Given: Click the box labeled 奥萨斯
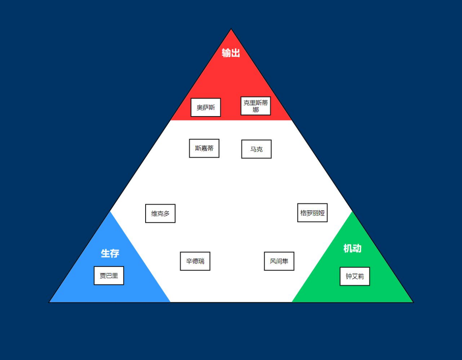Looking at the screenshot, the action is (205, 107).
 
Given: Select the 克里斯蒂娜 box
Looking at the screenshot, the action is (255, 106).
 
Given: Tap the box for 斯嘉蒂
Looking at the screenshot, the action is (204, 148).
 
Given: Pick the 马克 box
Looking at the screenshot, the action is (257, 149).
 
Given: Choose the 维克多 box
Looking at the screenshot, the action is (160, 214).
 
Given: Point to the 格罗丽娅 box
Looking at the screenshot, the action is (312, 212).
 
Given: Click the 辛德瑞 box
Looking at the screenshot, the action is (195, 261).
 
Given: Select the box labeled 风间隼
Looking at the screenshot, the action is (279, 261).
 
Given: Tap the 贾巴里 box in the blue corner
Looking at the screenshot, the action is (109, 276).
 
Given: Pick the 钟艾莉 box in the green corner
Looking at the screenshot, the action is (355, 276).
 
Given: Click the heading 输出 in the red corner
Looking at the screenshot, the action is (231, 53).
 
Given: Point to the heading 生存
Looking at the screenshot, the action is (110, 253).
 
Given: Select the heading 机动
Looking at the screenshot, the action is (353, 248).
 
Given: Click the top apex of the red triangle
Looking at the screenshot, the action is (231, 29).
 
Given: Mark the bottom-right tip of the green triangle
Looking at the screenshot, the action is (413, 302).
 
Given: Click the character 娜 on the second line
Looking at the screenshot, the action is (256, 110).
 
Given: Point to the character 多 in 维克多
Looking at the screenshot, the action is (166, 214).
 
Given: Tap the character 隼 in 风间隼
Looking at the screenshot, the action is (285, 261).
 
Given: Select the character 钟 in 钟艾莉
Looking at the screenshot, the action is (349, 276).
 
